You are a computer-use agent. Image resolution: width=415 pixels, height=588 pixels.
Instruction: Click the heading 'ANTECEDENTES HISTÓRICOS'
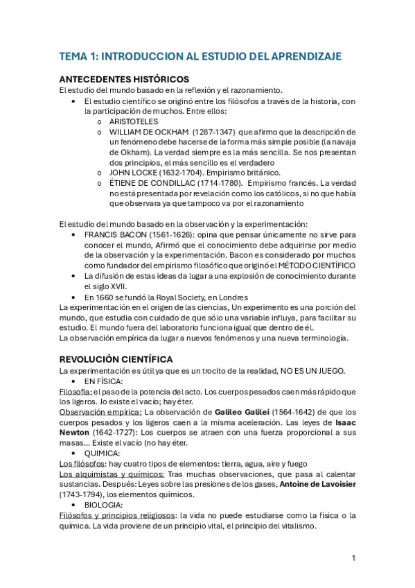124,79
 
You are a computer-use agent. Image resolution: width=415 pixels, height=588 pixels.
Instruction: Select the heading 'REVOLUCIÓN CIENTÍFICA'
116,359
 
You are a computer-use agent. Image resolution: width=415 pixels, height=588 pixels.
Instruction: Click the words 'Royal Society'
182,296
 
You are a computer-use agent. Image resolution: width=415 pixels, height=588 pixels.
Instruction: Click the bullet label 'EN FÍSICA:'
104,381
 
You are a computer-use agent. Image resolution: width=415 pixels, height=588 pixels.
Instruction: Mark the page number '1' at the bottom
353,558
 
